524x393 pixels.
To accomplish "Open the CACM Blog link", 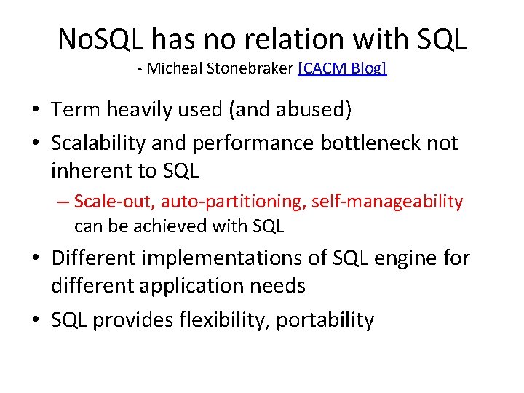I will (342, 69).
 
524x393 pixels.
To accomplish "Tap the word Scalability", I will (98, 143).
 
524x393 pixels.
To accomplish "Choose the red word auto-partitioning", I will (233, 202).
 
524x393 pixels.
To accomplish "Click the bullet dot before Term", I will (35, 111).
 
